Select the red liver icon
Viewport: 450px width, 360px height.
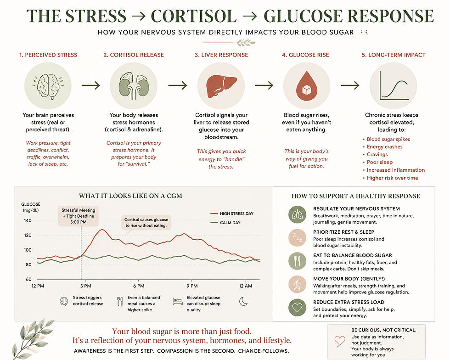[x=221, y=85]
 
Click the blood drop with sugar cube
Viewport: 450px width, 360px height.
[x=307, y=86]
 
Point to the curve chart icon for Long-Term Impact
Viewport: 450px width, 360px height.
[x=394, y=85]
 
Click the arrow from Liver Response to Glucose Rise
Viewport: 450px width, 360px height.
[x=264, y=85]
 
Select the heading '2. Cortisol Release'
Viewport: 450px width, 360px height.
[x=134, y=55]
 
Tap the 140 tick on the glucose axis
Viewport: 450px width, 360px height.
[x=28, y=220]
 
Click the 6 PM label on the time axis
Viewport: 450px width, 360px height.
[x=139, y=286]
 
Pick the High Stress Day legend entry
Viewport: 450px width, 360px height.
[x=232, y=214]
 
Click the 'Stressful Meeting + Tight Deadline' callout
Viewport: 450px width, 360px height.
[x=79, y=216]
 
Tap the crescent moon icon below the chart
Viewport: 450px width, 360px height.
[x=243, y=301]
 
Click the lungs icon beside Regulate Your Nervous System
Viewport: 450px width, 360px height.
[x=298, y=214]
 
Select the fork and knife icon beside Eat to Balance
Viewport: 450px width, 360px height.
[x=298, y=261]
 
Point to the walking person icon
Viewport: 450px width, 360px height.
[x=298, y=284]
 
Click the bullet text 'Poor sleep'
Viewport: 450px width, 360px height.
[x=380, y=162]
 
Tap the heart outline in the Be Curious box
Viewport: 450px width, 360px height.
[x=340, y=341]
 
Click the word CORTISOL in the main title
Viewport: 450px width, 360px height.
[x=194, y=16]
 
